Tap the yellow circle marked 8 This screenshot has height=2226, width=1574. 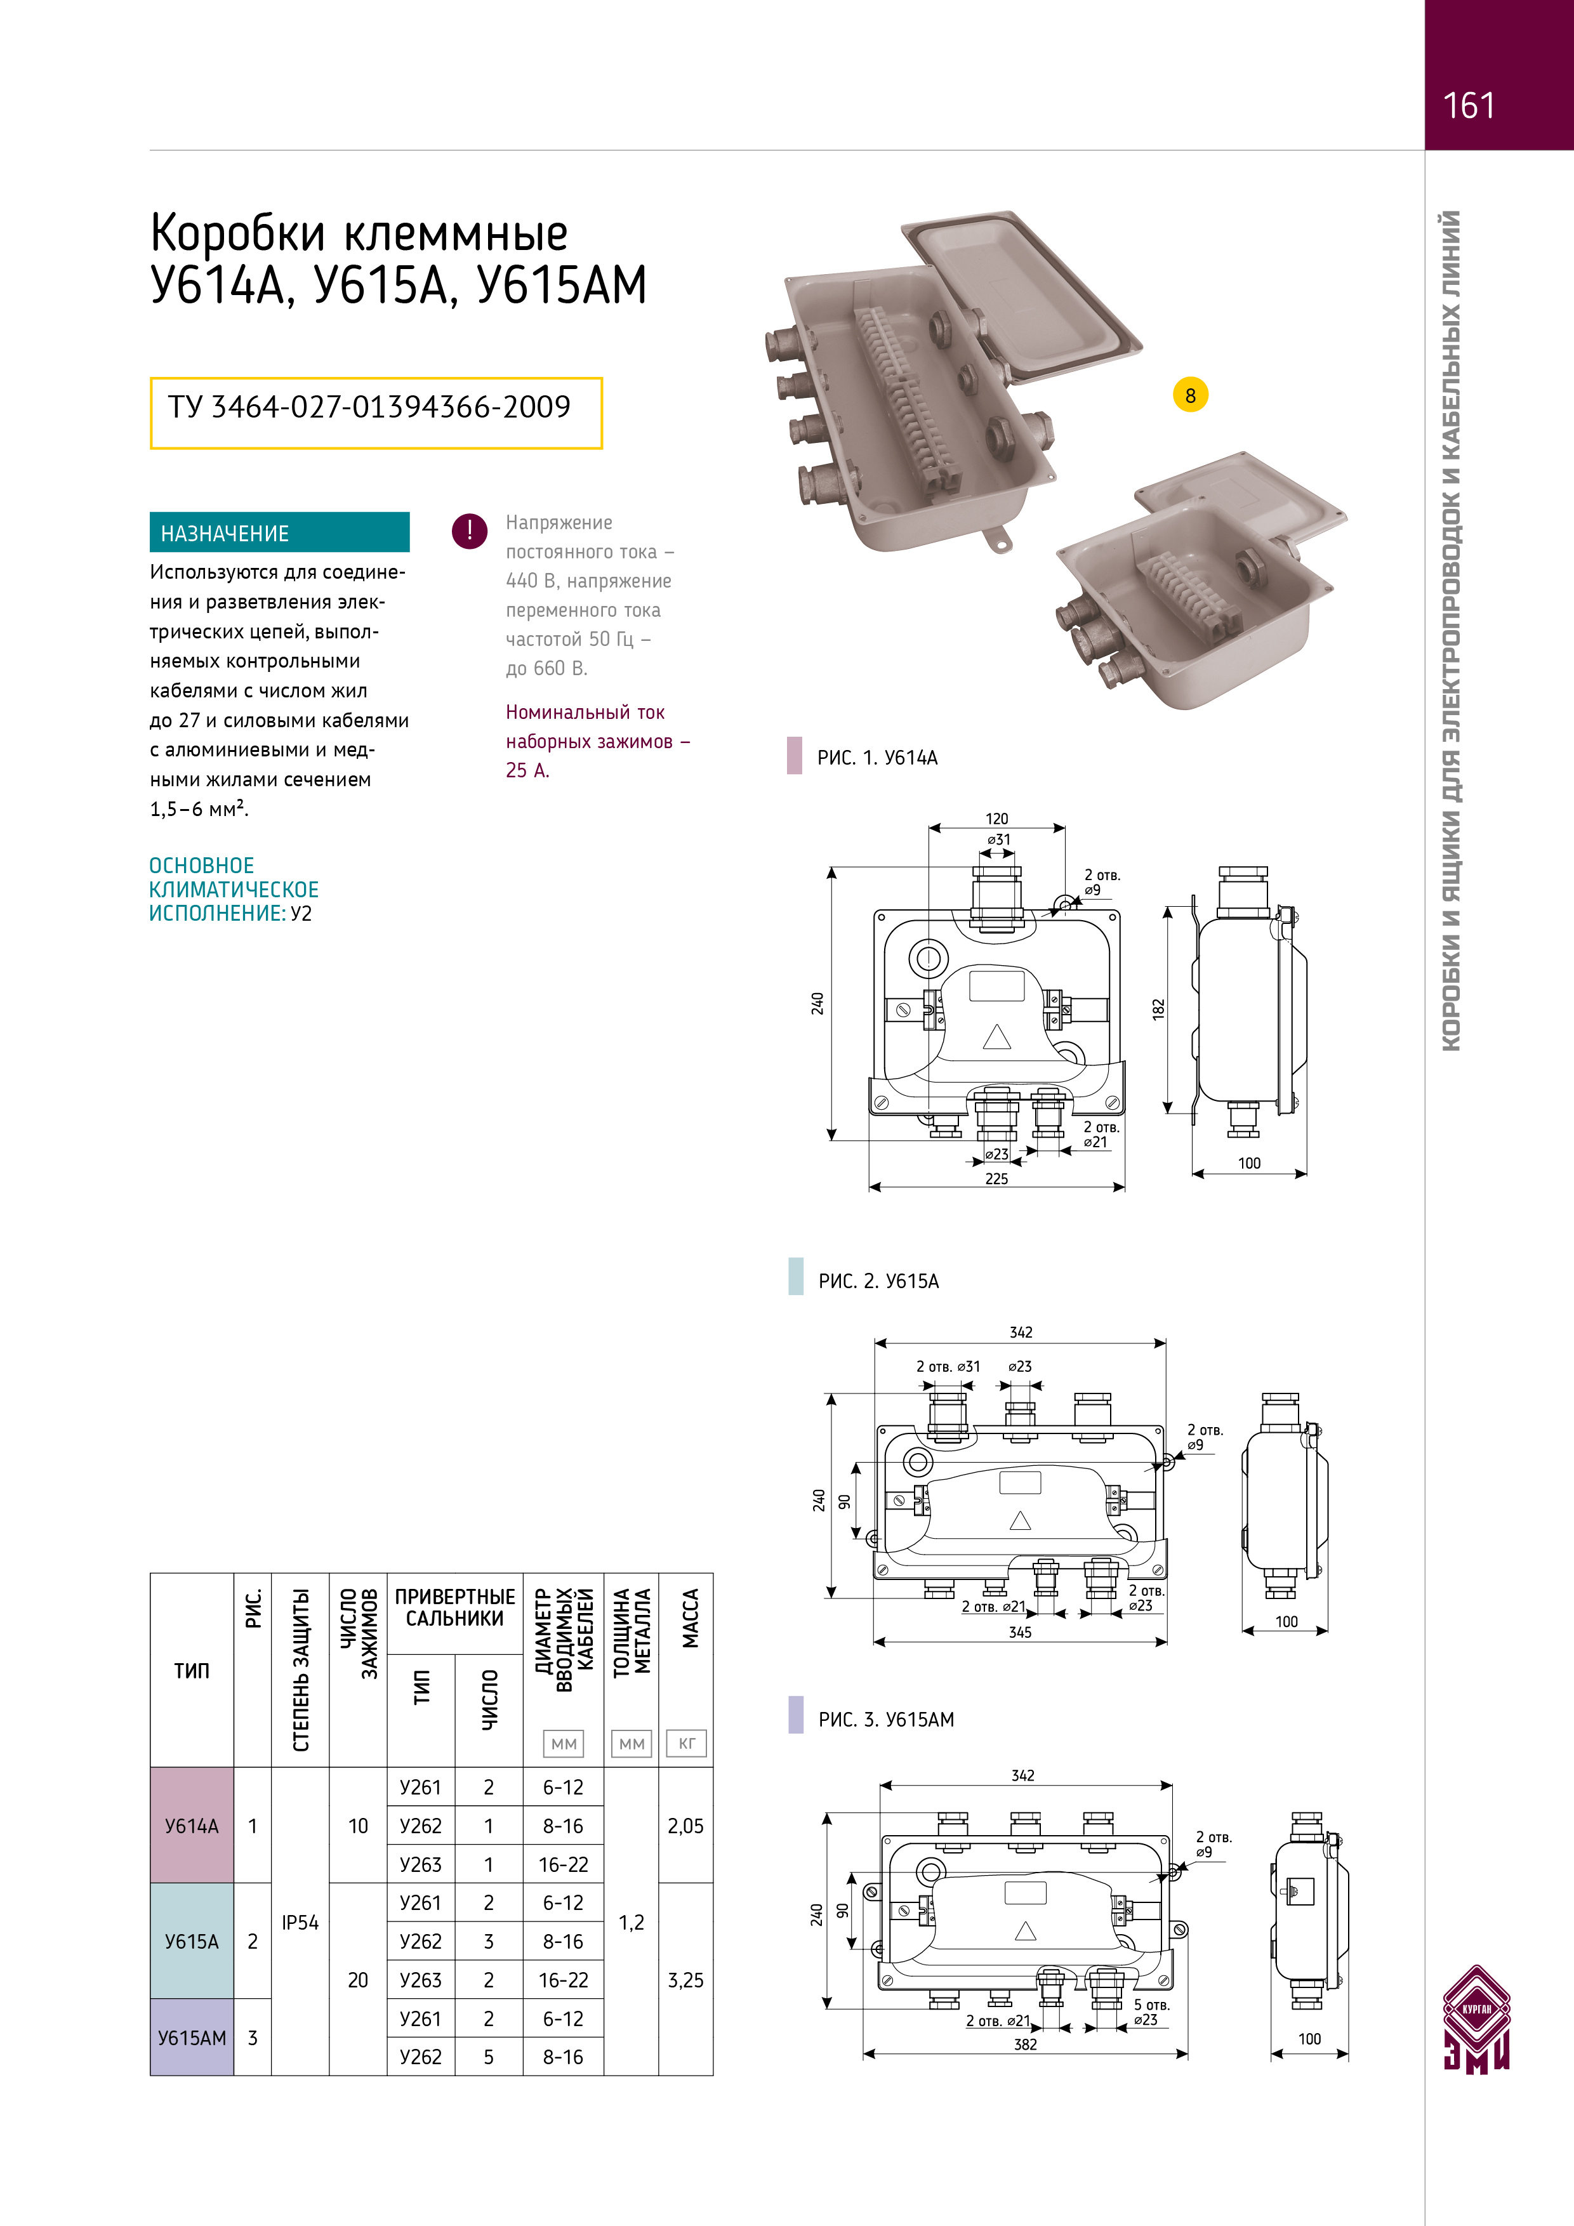pyautogui.click(x=1190, y=395)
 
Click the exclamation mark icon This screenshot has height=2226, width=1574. pyautogui.click(x=470, y=530)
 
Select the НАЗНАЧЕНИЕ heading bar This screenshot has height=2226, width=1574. pyautogui.click(x=279, y=532)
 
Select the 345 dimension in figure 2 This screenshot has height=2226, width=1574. pyautogui.click(x=1019, y=1633)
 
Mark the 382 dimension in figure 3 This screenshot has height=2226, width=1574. pyautogui.click(x=1025, y=2045)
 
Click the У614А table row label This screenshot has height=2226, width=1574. pyautogui.click(x=192, y=1826)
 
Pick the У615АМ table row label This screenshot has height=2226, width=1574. pyautogui.click(x=192, y=2038)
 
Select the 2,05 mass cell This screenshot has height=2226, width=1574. pyautogui.click(x=685, y=1826)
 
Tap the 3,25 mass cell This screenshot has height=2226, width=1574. pyautogui.click(x=685, y=1980)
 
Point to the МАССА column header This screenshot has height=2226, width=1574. pyautogui.click(x=689, y=1619)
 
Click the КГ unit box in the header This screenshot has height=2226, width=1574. pyautogui.click(x=687, y=1743)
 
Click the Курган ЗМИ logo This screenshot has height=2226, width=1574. pyautogui.click(x=1476, y=2019)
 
